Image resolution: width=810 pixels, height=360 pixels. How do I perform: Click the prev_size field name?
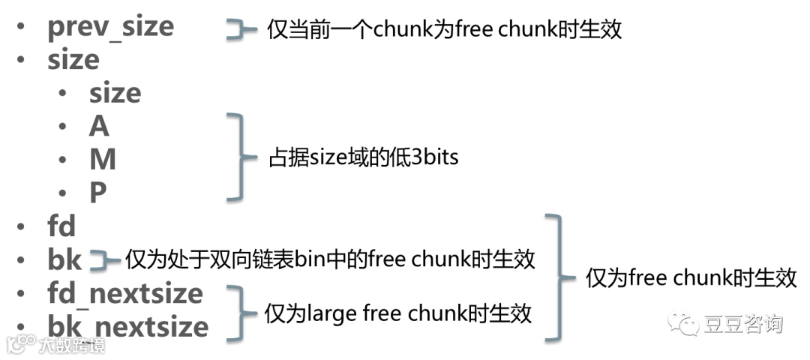pos(110,28)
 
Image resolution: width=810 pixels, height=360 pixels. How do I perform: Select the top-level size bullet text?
pos(73,60)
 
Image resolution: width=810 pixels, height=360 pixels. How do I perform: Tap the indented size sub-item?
pos(115,94)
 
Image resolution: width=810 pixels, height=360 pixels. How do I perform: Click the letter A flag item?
pos(99,127)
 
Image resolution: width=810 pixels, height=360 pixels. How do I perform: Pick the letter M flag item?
pos(102,160)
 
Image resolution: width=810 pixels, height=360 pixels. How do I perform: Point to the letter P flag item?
pos(98,193)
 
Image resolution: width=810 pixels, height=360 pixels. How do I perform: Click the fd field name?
pos(61,226)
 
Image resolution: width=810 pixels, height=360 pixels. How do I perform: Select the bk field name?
pos(64,259)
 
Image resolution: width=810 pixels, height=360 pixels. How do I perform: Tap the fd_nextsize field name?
pos(124,292)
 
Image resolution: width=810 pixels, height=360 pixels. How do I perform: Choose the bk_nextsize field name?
pos(127,326)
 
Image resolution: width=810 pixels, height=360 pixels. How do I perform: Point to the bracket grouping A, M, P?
pos(238,158)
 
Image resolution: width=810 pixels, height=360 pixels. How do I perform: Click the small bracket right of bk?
pos(105,260)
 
